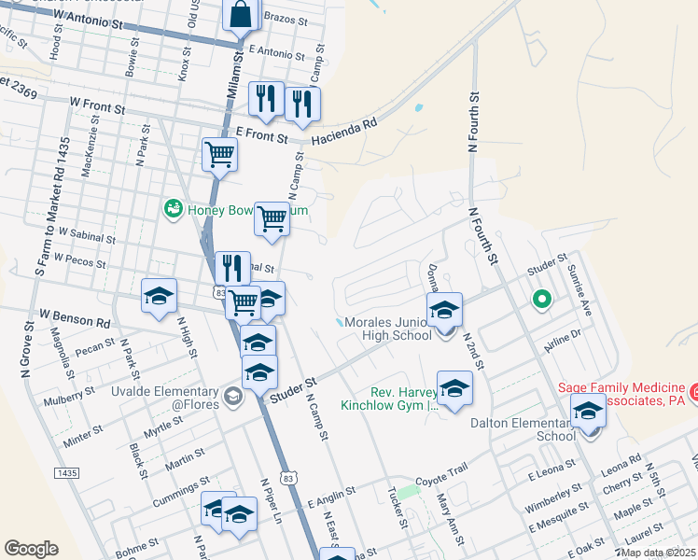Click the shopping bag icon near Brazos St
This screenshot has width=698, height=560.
click(241, 16)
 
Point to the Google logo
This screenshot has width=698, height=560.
click(32, 549)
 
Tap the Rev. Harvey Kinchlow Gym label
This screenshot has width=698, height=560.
click(389, 399)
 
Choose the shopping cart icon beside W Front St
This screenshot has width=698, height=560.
click(220, 156)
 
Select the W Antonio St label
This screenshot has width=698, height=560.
click(90, 18)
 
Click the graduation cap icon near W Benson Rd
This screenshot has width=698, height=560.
click(159, 297)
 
